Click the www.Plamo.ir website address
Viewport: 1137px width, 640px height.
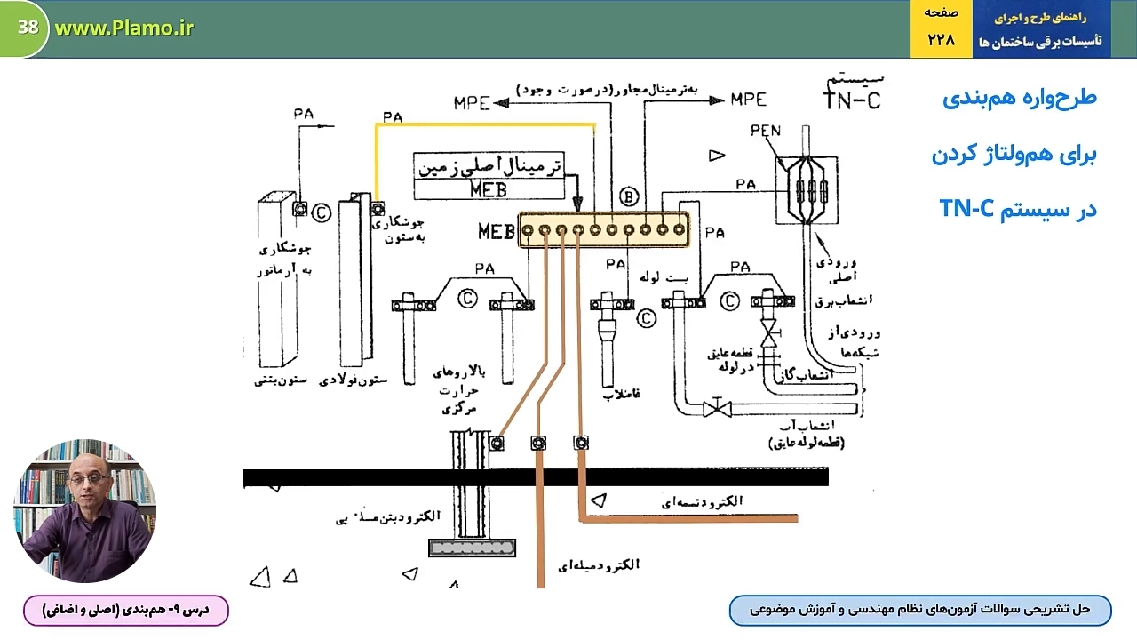(x=123, y=28)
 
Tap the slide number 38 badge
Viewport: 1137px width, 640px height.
(x=28, y=28)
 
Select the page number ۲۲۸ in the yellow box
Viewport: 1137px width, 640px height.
(x=941, y=40)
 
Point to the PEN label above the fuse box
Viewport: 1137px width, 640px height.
(x=765, y=132)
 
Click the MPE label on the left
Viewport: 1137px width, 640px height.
(x=472, y=102)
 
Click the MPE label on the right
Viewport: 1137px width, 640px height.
(x=748, y=100)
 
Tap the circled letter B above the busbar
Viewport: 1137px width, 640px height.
(x=629, y=196)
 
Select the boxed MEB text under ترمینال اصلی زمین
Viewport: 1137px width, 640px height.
(x=489, y=189)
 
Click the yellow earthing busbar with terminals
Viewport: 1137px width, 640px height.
(x=604, y=229)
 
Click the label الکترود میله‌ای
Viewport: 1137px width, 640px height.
(x=599, y=564)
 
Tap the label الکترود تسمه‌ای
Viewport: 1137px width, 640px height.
(x=703, y=502)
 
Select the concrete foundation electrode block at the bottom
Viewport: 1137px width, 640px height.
(x=472, y=548)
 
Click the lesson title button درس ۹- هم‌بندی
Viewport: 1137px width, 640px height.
(x=125, y=610)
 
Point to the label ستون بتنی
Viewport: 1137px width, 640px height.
(x=281, y=381)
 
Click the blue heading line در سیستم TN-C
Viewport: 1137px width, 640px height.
(x=1018, y=210)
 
